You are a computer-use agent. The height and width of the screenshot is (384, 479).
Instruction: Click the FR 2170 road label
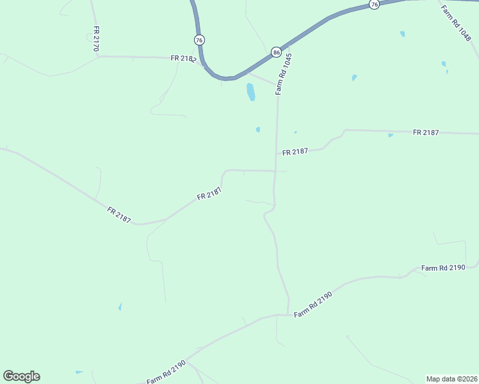click(x=97, y=38)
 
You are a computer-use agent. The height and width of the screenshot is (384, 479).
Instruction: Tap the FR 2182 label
click(x=183, y=58)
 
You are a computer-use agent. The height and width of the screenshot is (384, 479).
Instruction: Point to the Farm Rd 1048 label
click(x=455, y=22)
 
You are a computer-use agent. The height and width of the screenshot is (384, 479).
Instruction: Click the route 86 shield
click(x=275, y=52)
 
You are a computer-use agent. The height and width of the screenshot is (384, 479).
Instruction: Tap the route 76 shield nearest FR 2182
click(x=200, y=40)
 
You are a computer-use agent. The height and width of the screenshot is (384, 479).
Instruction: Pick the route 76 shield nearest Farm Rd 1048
click(x=375, y=4)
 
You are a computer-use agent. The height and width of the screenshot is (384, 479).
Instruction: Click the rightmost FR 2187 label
click(x=426, y=132)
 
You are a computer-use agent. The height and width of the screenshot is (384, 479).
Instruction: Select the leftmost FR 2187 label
click(x=119, y=215)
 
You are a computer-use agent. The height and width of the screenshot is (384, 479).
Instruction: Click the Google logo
click(x=21, y=376)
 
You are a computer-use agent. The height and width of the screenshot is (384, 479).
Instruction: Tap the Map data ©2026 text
click(x=451, y=379)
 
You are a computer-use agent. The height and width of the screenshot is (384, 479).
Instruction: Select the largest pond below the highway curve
click(x=250, y=92)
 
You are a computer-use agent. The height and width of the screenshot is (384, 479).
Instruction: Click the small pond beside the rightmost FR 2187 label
click(x=391, y=136)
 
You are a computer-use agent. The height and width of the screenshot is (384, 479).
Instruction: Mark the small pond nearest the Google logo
click(x=79, y=372)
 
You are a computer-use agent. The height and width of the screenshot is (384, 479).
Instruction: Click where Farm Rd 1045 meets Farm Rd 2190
click(x=288, y=314)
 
